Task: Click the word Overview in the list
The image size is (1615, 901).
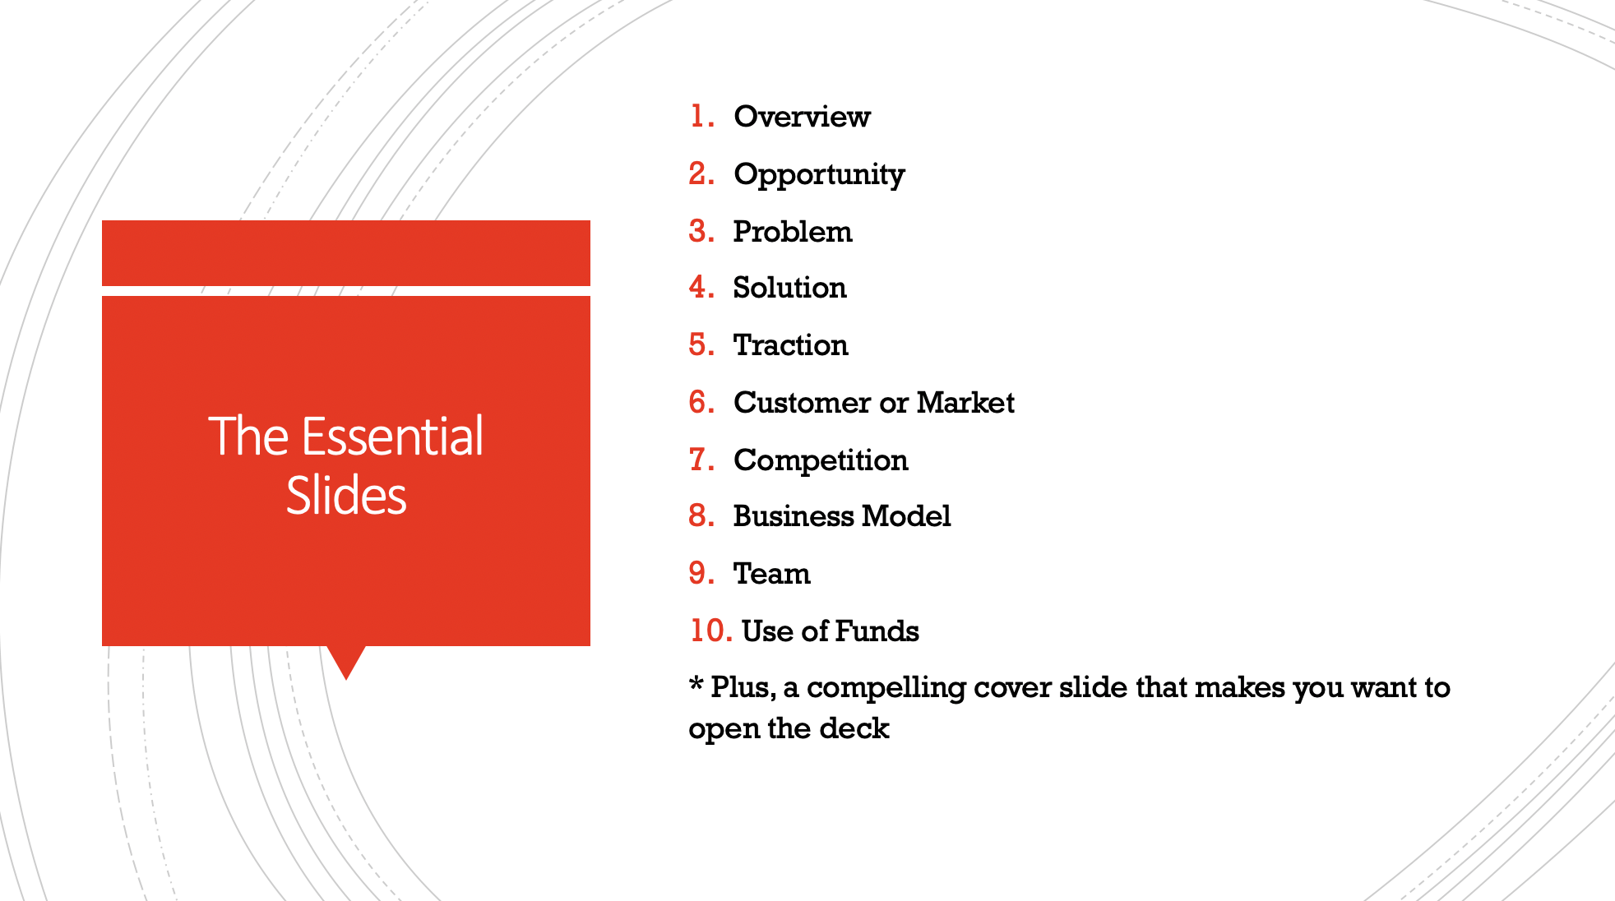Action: pos(802,117)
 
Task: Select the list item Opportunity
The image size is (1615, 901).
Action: pos(819,174)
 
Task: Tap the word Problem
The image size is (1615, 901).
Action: pos(793,232)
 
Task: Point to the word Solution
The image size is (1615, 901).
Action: pos(789,288)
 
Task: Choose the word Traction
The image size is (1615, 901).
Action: pos(790,345)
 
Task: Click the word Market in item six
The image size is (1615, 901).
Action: pos(965,403)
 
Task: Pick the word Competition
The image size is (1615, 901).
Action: pos(821,460)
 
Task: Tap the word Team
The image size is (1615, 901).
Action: pos(771,574)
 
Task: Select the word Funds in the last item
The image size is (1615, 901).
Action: pos(877,631)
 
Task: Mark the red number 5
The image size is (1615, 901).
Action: pos(700,345)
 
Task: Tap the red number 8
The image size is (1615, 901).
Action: pos(700,516)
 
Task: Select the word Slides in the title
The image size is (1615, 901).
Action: pos(346,496)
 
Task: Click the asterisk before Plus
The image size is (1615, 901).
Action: pos(696,685)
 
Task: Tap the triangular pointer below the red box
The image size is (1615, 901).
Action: pos(346,660)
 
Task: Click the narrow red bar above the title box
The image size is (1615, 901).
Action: pos(346,253)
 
